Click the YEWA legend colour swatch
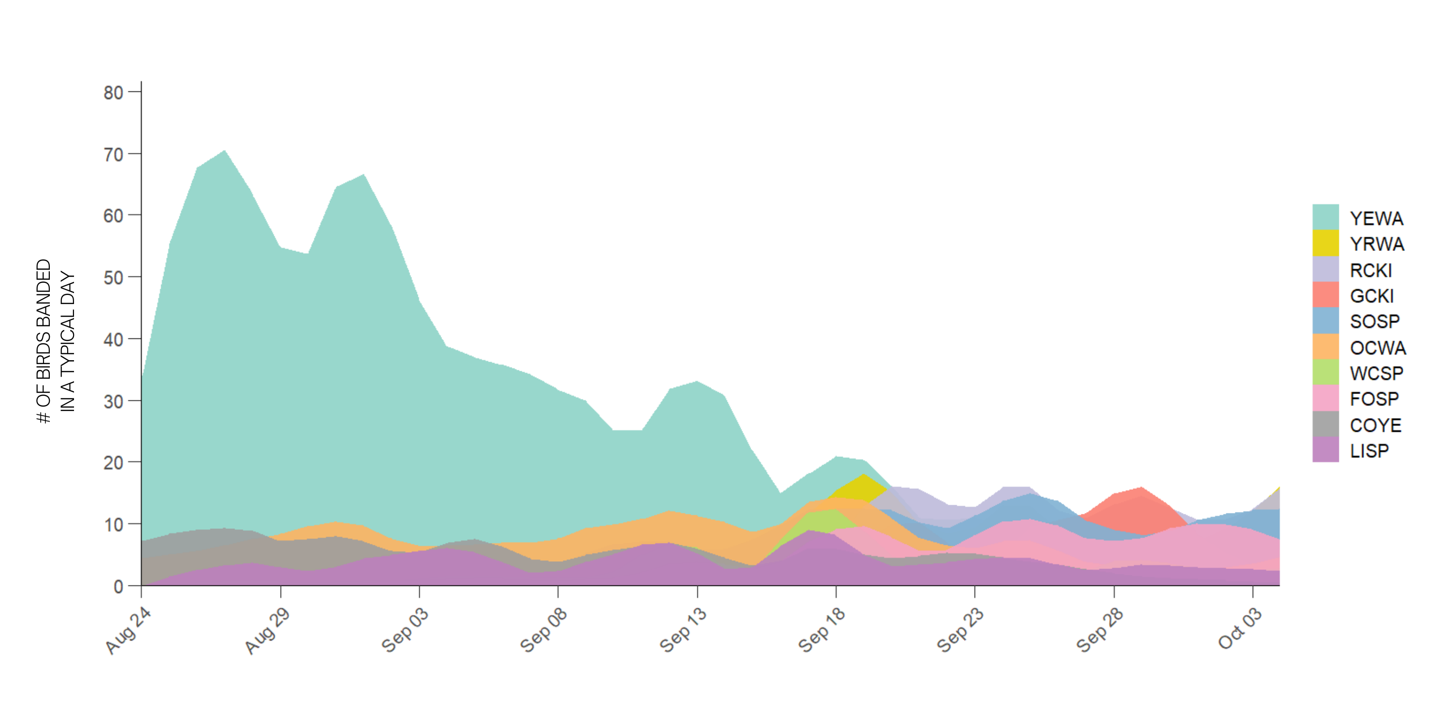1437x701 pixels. point(1325,217)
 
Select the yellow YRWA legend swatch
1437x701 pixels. point(1325,243)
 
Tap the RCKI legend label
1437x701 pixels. point(1371,270)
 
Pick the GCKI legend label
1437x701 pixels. point(1372,296)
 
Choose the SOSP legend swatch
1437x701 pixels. point(1325,321)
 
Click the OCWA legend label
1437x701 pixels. point(1378,348)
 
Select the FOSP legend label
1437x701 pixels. point(1375,399)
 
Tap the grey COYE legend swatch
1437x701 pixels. point(1325,424)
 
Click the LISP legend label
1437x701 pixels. point(1369,451)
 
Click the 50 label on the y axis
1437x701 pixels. point(113,277)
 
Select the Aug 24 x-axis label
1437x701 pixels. point(128,630)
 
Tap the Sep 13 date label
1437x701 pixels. point(683,630)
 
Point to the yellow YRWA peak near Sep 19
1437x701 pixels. point(863,476)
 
